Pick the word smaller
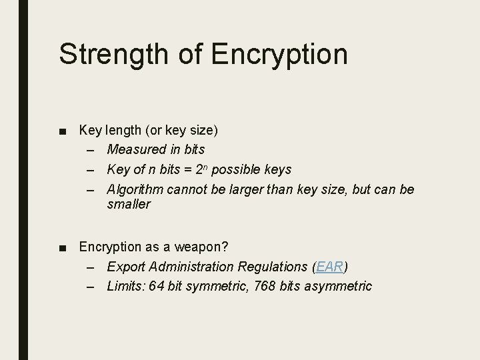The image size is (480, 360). point(129,205)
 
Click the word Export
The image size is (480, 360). point(124,267)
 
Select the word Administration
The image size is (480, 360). point(188,267)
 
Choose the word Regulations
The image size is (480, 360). point(271,267)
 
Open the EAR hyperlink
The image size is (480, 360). point(329,267)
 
